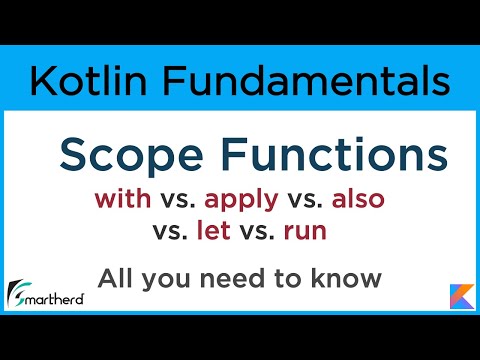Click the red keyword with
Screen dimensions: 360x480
click(x=122, y=198)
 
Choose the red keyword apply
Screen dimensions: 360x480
click(x=240, y=200)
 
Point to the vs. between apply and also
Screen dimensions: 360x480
click(x=300, y=199)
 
